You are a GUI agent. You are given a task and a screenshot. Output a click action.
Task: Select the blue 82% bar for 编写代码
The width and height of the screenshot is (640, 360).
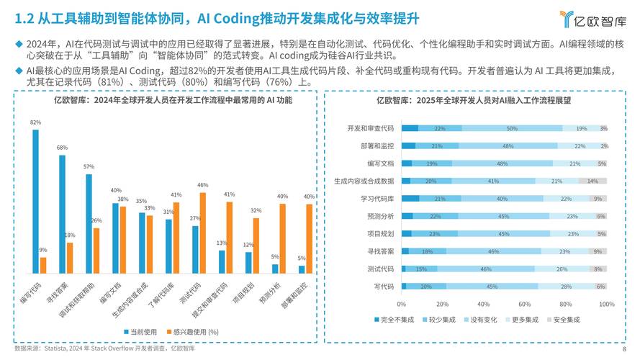click(x=36, y=202)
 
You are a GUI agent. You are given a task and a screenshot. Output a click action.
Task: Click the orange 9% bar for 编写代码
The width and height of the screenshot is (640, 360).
click(x=43, y=265)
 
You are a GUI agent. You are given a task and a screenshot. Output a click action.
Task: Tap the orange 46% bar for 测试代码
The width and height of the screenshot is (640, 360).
click(x=202, y=233)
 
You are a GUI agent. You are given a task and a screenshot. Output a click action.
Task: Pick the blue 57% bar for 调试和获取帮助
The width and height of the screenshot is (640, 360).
click(x=89, y=224)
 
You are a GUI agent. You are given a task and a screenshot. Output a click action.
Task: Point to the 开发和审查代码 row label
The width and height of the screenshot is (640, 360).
click(x=370, y=128)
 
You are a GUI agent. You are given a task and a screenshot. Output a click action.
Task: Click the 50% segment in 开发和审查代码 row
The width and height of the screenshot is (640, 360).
click(x=512, y=128)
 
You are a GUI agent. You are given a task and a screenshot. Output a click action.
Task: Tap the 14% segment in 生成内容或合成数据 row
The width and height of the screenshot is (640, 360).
click(x=592, y=181)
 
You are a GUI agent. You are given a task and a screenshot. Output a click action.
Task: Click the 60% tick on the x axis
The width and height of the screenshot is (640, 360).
click(x=525, y=304)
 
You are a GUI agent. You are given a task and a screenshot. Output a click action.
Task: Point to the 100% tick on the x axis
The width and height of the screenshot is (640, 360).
click(x=607, y=304)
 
